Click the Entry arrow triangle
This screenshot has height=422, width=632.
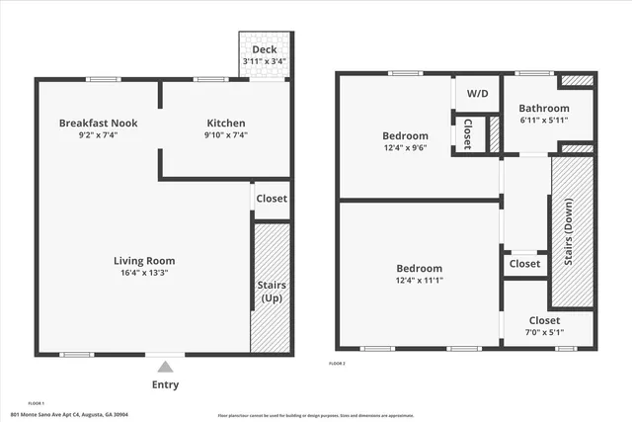[x=165, y=367]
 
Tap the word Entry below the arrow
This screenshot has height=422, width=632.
[x=165, y=384]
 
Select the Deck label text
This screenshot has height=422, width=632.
[x=264, y=48]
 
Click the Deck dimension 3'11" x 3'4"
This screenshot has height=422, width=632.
[x=264, y=60]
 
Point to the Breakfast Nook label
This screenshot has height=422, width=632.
[x=98, y=123]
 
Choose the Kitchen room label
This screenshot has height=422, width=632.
[x=225, y=123]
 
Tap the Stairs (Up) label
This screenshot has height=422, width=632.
[x=272, y=291]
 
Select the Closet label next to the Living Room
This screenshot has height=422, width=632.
[x=272, y=199]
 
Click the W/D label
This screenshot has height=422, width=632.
[x=478, y=94]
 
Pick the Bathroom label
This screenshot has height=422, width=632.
[x=544, y=109]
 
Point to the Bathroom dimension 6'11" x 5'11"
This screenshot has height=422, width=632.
[x=544, y=121]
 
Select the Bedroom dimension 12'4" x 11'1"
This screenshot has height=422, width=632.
[x=419, y=281]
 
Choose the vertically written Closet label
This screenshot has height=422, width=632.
[x=467, y=132]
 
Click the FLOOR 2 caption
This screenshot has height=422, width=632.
[x=338, y=364]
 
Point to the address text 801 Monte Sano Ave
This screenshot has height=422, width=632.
[x=58, y=415]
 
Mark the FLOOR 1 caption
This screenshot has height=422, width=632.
[x=37, y=403]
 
